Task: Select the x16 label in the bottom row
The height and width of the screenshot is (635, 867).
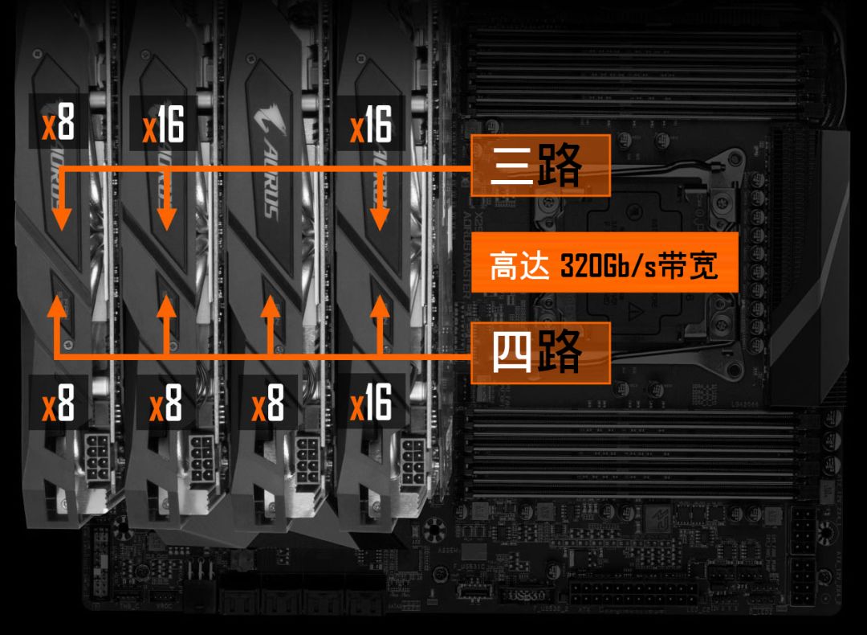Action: point(371,401)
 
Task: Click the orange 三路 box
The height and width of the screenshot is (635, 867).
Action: point(540,166)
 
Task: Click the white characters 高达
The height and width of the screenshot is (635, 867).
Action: point(519,264)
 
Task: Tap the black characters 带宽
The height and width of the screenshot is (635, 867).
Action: point(687,264)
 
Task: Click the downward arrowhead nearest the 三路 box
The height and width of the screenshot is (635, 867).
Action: point(379,218)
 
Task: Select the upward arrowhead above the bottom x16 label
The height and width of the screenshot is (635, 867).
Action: point(379,309)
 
